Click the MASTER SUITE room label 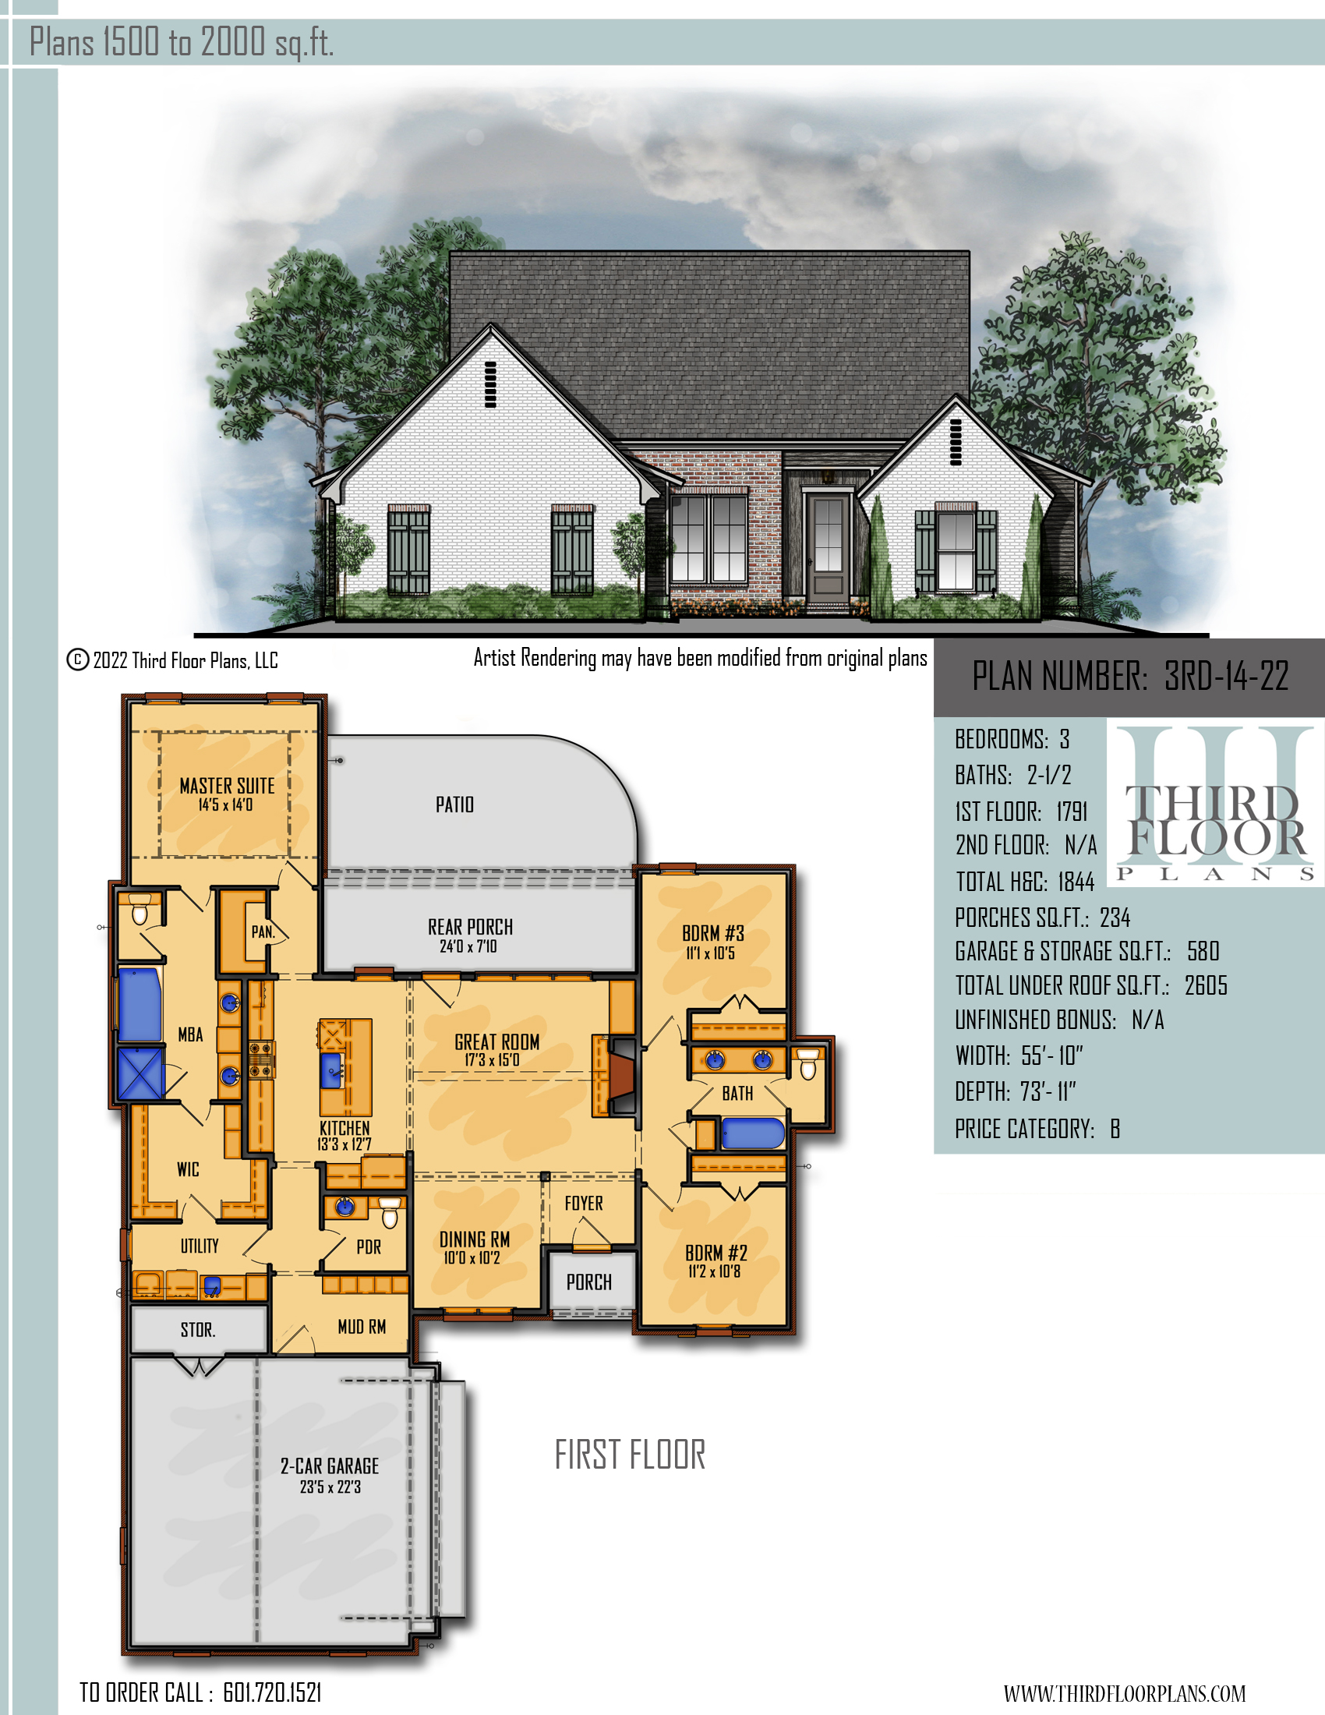click(227, 786)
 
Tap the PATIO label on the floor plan click(455, 805)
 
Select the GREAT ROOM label click(497, 1042)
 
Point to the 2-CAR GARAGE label click(330, 1466)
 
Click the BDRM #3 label click(712, 934)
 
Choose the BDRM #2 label click(715, 1253)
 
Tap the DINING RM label click(474, 1240)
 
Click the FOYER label click(584, 1204)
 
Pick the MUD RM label click(362, 1327)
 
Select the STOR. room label click(198, 1330)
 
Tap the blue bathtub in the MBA click(140, 1005)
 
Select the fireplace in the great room click(617, 1076)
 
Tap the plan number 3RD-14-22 click(1226, 676)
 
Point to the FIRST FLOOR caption click(631, 1455)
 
